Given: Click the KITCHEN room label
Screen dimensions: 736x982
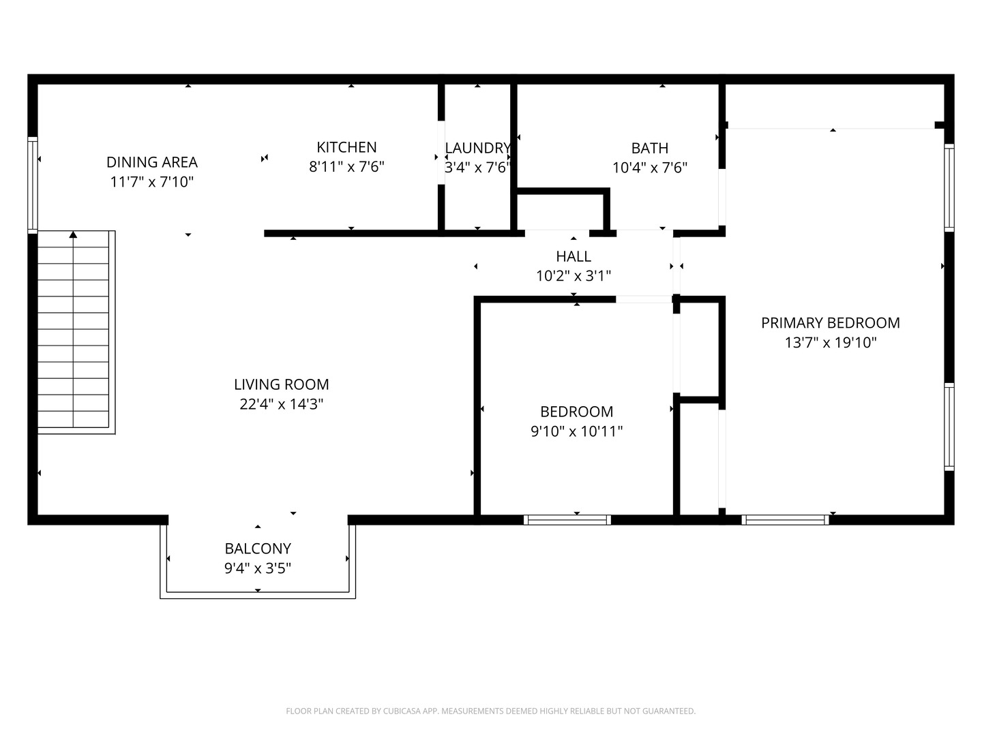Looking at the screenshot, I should click(x=346, y=147).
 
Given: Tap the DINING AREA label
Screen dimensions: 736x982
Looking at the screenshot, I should click(x=151, y=162).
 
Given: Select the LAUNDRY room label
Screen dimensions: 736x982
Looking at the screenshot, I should click(x=477, y=148).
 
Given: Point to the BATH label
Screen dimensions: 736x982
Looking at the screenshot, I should click(x=649, y=148).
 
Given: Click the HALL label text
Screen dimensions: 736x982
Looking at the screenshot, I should click(x=573, y=256).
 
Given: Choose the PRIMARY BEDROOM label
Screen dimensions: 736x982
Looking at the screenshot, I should click(x=830, y=323).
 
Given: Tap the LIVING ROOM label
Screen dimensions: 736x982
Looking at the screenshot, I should click(x=281, y=384).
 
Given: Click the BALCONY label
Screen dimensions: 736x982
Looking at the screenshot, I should click(x=258, y=549).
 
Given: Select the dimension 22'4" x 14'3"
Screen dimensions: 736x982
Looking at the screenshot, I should click(x=281, y=404).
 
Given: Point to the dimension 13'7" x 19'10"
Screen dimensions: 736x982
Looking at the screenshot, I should click(x=830, y=343).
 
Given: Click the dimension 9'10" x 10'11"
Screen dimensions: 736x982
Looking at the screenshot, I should click(x=576, y=431).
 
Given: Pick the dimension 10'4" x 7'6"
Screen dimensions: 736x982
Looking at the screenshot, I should click(x=649, y=168).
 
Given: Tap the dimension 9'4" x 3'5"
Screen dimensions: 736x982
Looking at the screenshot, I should click(x=258, y=568).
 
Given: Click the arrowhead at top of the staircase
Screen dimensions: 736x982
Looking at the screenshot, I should click(x=73, y=235).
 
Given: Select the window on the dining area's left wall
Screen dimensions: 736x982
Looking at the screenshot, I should click(x=32, y=185).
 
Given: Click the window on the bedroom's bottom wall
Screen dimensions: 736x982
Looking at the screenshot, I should click(x=567, y=520).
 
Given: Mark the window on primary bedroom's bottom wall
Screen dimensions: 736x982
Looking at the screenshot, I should click(x=785, y=520).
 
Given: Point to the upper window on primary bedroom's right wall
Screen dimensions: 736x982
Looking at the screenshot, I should click(x=949, y=187).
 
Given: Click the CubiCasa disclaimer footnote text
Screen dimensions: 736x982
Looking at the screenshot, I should click(x=490, y=711).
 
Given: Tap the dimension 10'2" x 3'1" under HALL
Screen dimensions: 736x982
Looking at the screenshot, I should click(x=573, y=276).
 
